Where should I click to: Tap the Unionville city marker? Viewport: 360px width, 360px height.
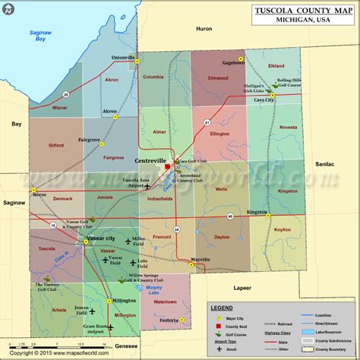137,64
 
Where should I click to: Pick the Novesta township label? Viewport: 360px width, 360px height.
289,128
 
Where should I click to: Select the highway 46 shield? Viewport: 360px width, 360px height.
229,216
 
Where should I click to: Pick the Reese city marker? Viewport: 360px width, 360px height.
33,188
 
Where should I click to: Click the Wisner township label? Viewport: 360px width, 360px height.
38,108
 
